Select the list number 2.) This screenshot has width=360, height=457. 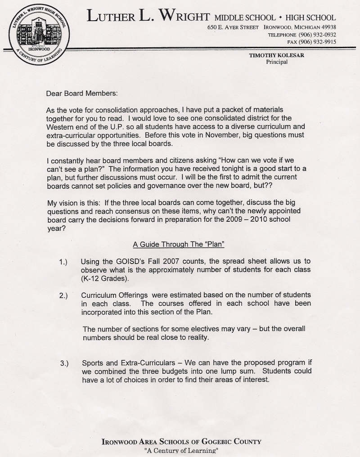coord(63,296)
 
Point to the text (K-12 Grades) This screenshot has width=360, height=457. coord(105,278)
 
